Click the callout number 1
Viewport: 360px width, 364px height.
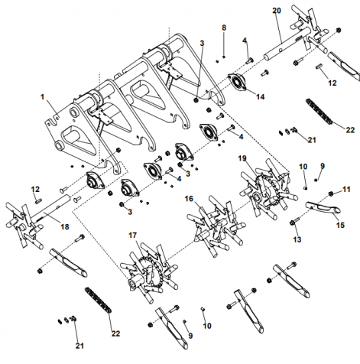tap(43, 97)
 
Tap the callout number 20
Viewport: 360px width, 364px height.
tap(277, 11)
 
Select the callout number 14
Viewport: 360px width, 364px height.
tap(261, 97)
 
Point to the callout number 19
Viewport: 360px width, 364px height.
tap(242, 158)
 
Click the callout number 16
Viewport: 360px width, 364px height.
tap(189, 199)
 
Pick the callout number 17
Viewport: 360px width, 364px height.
tap(132, 236)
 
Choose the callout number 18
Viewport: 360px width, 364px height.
tap(65, 226)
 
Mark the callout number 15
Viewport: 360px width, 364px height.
tap(341, 225)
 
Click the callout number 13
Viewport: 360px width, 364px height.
tap(297, 239)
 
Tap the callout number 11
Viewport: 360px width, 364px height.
tap(346, 190)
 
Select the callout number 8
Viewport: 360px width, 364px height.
tap(224, 28)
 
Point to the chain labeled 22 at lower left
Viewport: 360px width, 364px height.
tap(99, 300)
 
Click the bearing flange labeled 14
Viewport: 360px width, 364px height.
tap(237, 82)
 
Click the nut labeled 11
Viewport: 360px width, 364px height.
tap(331, 193)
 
